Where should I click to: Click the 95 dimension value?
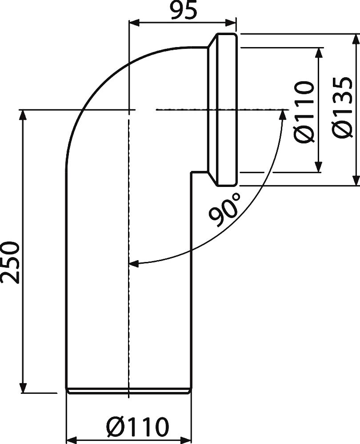click(x=183, y=11)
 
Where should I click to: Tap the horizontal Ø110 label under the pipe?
click(x=138, y=427)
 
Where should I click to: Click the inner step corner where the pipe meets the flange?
click(x=192, y=173)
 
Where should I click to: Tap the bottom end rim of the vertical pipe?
click(x=129, y=390)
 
